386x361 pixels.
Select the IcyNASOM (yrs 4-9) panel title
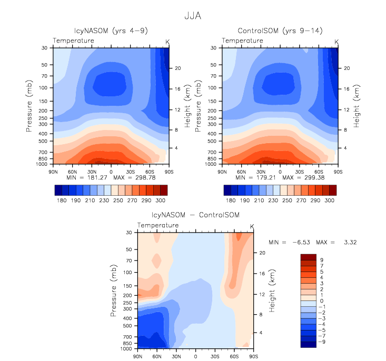(111, 31)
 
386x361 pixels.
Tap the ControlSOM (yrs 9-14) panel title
(280, 31)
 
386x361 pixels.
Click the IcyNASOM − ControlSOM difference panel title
(195, 215)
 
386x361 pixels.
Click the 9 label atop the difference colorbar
(322, 260)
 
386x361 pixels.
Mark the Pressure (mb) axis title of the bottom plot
(114, 290)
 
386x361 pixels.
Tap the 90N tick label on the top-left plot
(53, 172)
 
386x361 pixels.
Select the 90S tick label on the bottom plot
(253, 356)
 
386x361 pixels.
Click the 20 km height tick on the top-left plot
(179, 68)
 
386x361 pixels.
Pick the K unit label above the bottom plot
(252, 226)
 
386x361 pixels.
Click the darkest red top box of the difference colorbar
(308, 257)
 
